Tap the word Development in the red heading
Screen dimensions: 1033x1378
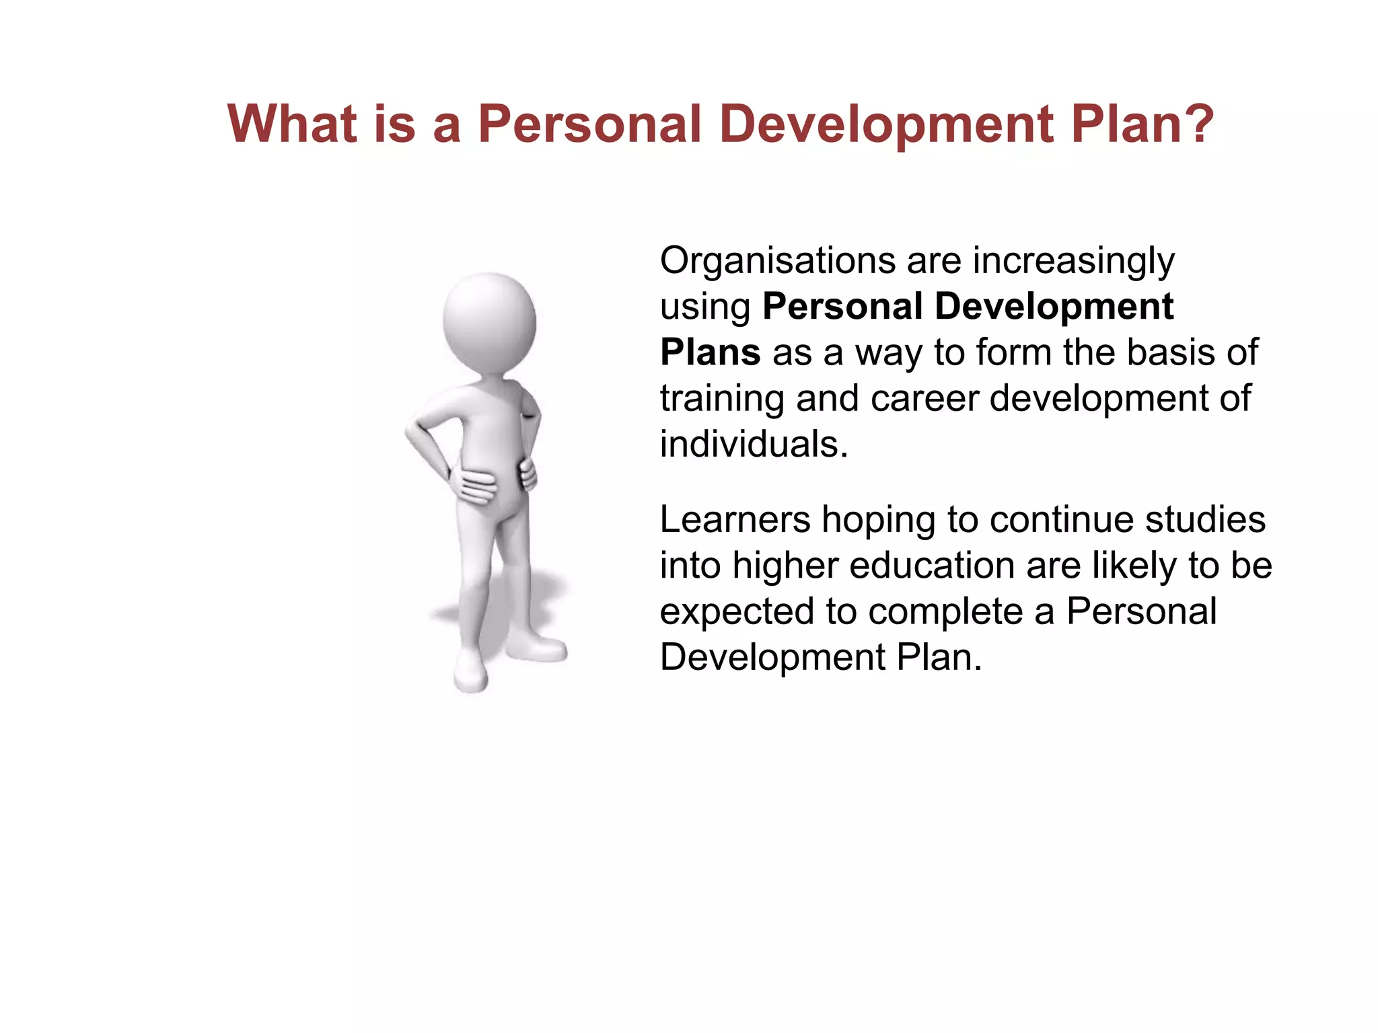886,124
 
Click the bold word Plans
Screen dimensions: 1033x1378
710,352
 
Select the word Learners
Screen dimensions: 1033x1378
735,520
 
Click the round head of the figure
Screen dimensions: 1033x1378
489,321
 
